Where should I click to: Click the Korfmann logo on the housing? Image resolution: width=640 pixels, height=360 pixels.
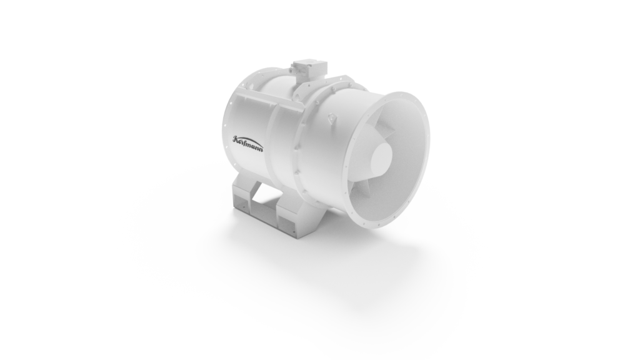click(x=247, y=143)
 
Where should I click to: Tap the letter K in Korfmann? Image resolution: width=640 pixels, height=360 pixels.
click(x=236, y=139)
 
